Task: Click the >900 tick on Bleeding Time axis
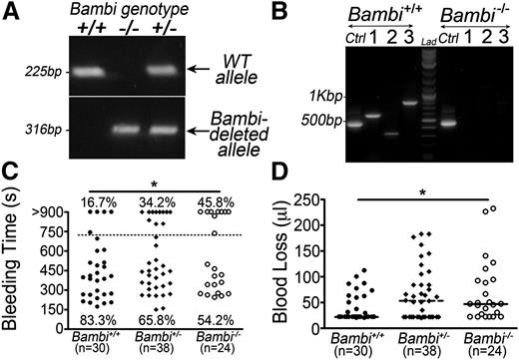pos(51,212)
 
